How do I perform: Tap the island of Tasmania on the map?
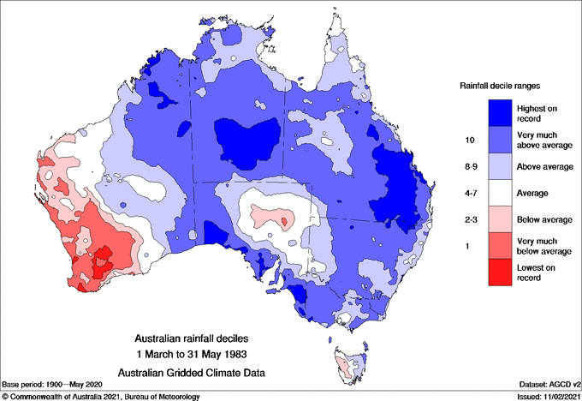[347, 366]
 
